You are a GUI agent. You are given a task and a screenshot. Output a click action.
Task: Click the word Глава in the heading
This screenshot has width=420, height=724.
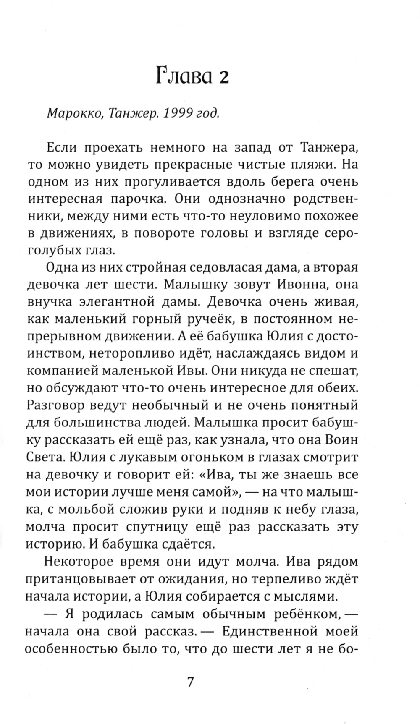pyautogui.click(x=183, y=77)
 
